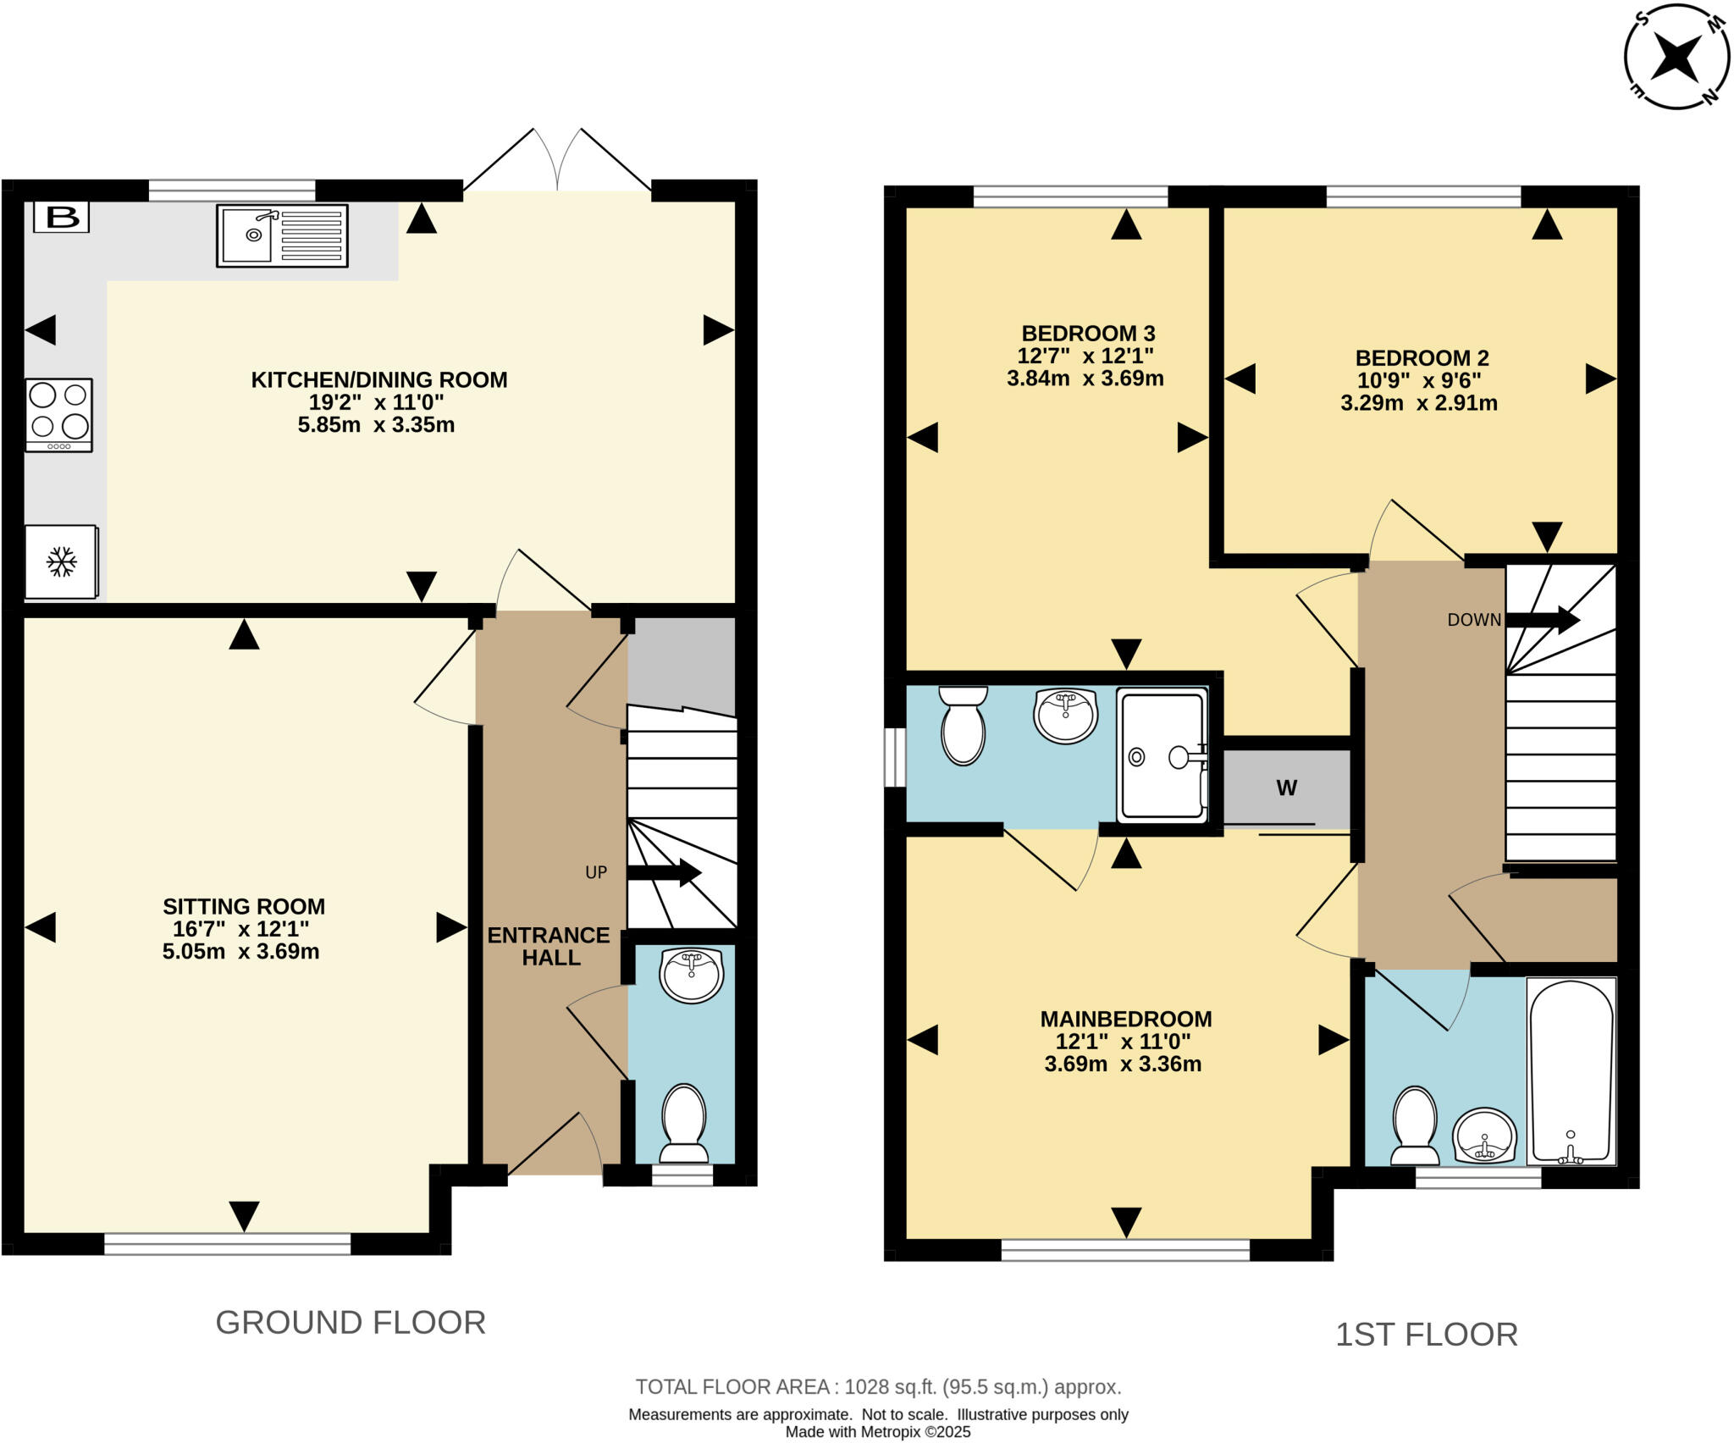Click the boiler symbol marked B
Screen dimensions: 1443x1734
click(62, 218)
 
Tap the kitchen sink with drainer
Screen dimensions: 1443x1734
click(282, 236)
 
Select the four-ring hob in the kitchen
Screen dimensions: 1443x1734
click(58, 415)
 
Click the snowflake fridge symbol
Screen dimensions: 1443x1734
click(61, 561)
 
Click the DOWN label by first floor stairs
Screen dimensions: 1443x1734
click(1474, 620)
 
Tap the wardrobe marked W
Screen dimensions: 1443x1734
click(1286, 788)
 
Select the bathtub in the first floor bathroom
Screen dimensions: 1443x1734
click(1571, 1071)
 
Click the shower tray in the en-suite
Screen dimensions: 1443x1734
click(1162, 756)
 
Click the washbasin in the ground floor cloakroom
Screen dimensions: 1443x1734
click(692, 975)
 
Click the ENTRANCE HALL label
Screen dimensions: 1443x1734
click(549, 946)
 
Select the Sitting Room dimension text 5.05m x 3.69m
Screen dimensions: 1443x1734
click(241, 951)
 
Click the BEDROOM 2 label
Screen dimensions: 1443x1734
click(1422, 358)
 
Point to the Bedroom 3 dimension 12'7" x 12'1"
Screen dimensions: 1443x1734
click(1085, 356)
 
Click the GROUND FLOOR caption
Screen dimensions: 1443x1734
click(351, 1322)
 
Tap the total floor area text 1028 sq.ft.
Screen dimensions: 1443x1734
click(878, 1387)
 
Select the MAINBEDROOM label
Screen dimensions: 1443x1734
click(1125, 1019)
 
